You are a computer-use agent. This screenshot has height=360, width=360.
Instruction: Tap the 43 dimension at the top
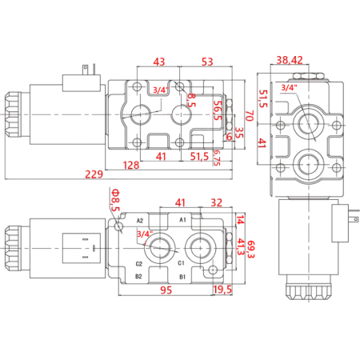[x=158, y=62]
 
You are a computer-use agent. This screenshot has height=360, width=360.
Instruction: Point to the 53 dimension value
[x=206, y=62]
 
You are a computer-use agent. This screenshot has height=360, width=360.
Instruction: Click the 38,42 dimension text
[x=289, y=60]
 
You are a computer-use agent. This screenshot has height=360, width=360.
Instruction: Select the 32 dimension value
[x=216, y=203]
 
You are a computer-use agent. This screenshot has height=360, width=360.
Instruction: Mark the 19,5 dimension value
[x=223, y=290]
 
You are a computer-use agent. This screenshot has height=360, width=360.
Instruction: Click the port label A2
[x=139, y=221]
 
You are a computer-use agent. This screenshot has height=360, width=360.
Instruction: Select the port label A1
[x=182, y=219]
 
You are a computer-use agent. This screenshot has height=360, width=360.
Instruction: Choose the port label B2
[x=138, y=277]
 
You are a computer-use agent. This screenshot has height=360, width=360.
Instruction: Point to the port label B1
[x=182, y=277]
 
